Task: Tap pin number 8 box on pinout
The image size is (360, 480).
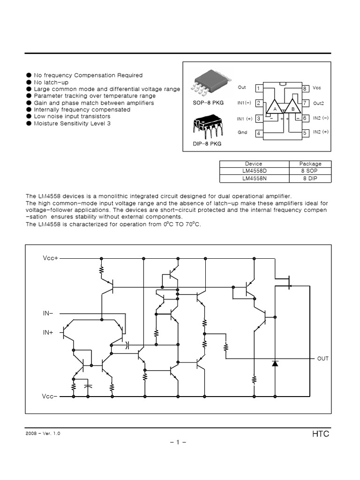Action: pos(305,88)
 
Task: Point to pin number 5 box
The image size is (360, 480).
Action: pos(305,133)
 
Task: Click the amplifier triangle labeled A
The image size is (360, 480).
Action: pos(272,108)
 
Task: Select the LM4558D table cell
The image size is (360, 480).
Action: pos(254,171)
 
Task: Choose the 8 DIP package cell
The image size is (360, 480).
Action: pos(310,179)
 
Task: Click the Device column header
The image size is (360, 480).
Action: pos(254,164)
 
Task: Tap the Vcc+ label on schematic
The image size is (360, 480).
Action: pos(50,258)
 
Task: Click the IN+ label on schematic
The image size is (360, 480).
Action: pos(48,332)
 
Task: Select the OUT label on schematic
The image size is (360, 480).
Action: pos(323,359)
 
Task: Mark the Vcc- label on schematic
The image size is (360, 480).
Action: pos(50,397)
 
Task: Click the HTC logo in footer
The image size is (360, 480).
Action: pos(321,434)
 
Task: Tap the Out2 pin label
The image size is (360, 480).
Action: pos(319,103)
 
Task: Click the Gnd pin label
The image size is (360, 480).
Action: pos(242,133)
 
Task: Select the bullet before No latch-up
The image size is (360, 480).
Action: pos(29,82)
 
